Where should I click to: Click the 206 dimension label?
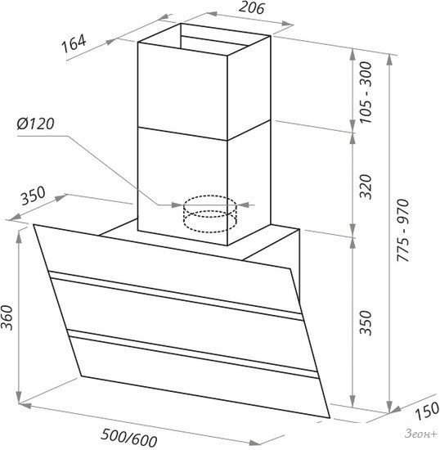point(251,7)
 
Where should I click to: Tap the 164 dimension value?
point(74,44)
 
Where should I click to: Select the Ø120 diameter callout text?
point(35,124)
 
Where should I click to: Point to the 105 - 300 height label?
point(366,92)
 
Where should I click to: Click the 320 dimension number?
point(366,187)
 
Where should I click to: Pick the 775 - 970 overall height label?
point(402,230)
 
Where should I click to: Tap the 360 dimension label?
point(7,317)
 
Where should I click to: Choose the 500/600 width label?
point(129,438)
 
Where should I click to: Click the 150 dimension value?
point(428,411)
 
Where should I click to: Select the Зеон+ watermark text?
point(421,434)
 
